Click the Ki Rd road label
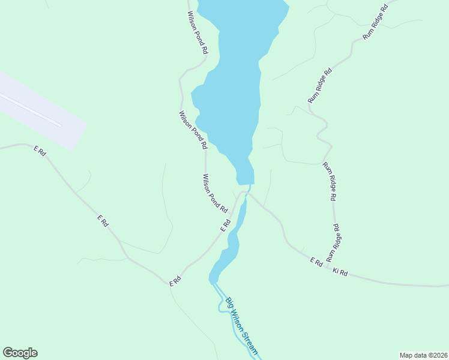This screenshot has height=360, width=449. tap(340, 272)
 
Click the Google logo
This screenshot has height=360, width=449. tap(20, 353)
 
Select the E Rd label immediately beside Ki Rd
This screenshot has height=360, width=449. tap(316, 262)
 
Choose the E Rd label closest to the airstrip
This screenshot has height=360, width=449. tap(40, 151)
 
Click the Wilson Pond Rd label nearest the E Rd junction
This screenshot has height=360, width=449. tap(215, 193)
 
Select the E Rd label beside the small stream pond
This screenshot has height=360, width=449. tap(226, 225)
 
